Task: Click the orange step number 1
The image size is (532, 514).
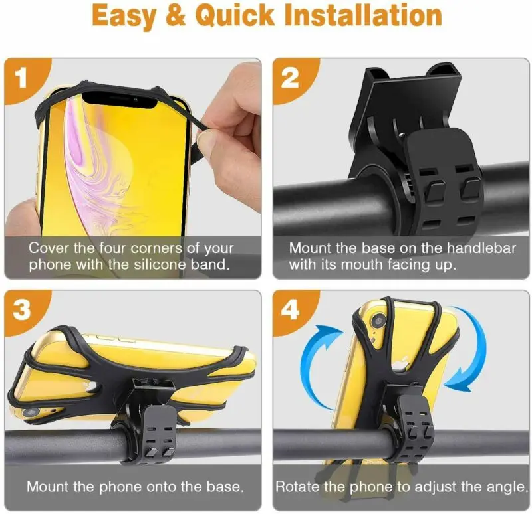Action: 22,78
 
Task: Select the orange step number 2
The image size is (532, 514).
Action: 291,78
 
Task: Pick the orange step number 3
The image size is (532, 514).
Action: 22,310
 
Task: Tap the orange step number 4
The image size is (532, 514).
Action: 291,310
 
